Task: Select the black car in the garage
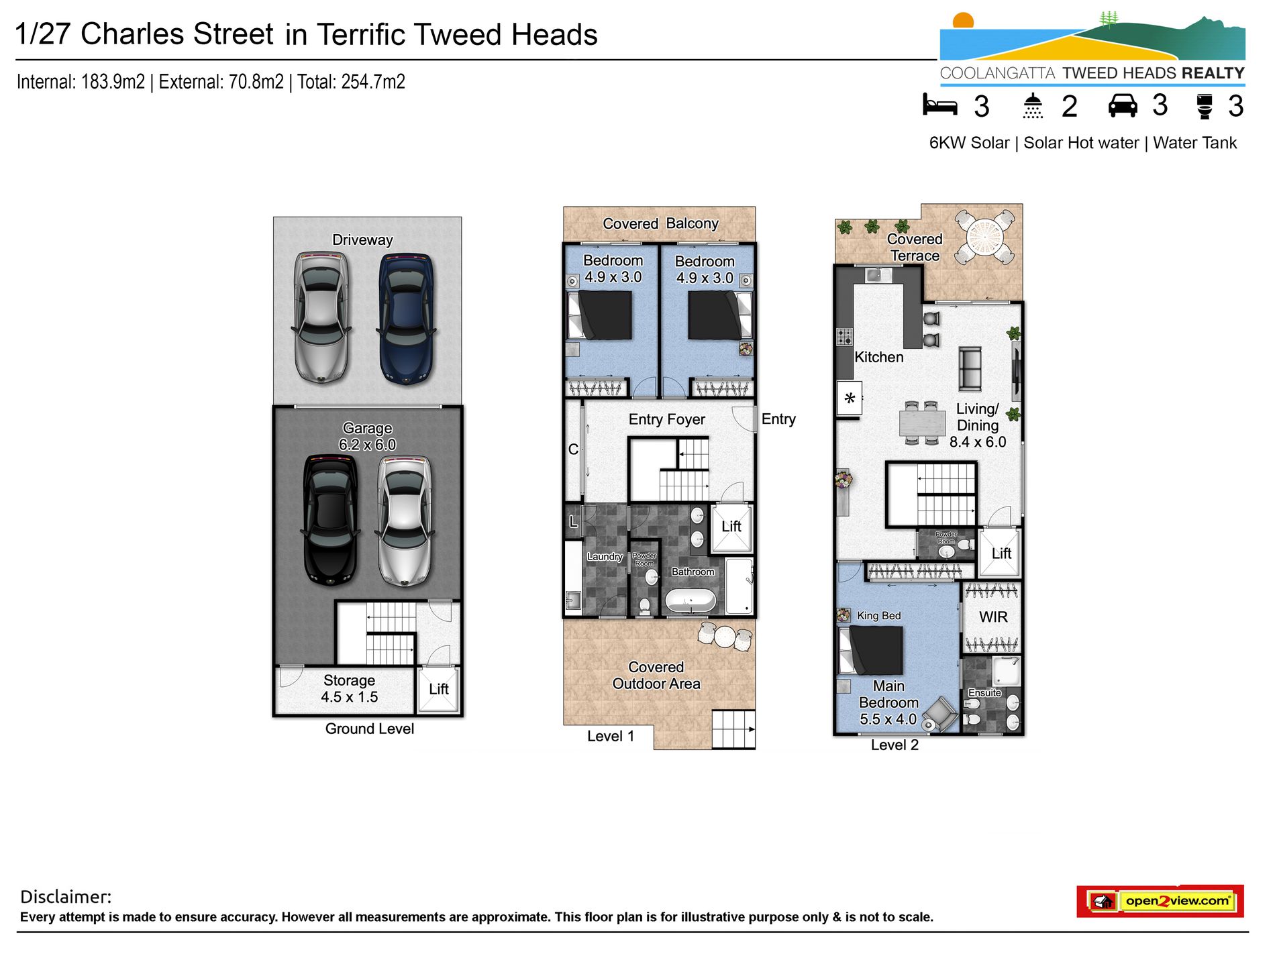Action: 330,520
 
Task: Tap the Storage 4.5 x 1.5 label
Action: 349,689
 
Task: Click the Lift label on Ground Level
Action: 439,690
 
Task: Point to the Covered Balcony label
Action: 660,223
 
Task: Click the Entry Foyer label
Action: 666,419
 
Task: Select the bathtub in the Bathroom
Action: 691,600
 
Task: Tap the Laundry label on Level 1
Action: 605,556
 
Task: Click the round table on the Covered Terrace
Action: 984,237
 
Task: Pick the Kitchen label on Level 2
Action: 879,358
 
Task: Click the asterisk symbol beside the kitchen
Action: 850,399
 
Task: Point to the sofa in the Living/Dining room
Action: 970,368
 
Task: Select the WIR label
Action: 993,617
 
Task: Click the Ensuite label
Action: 984,693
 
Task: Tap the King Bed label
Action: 878,616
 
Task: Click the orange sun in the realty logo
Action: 963,20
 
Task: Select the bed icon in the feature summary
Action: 939,105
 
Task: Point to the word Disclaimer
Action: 66,897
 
